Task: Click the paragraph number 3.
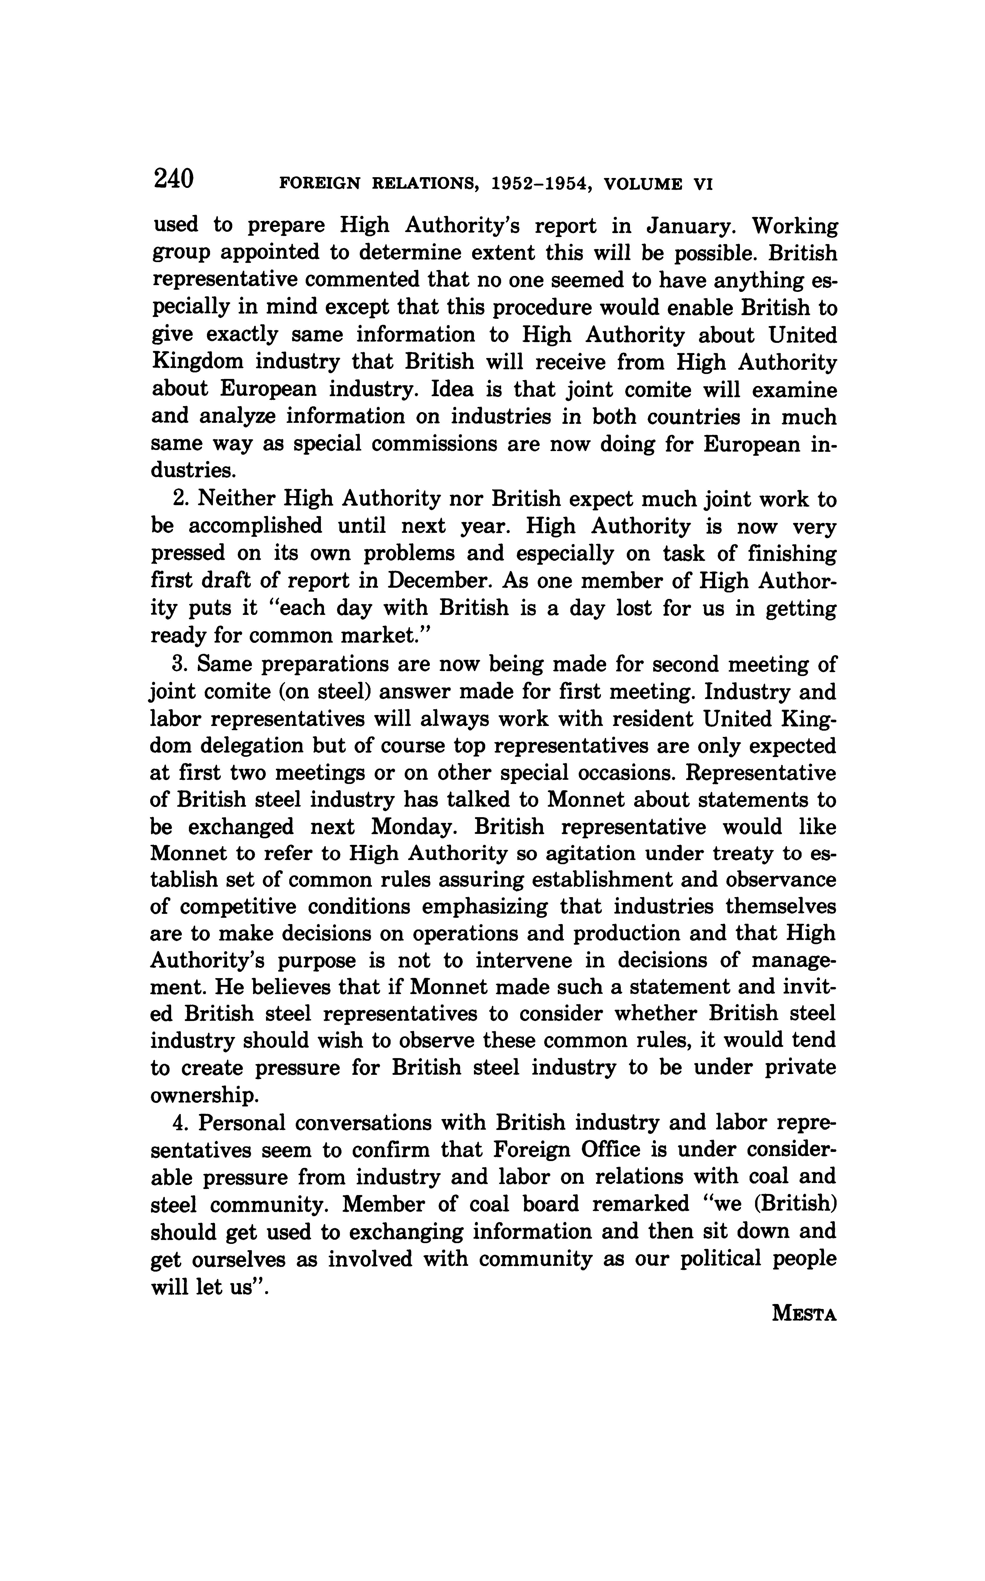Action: coord(180,664)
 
